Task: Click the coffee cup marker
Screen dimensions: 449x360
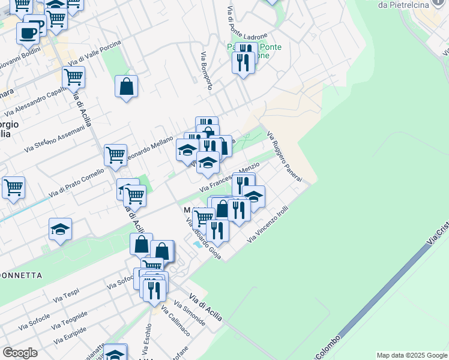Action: pos(28,34)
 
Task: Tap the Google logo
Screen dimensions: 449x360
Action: pos(20,353)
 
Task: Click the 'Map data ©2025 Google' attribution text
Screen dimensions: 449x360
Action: pos(412,355)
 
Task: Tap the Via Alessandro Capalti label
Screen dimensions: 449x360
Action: pos(35,101)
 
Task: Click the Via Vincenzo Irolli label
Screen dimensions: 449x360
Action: pos(268,226)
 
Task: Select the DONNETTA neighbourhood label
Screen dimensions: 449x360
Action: pos(21,275)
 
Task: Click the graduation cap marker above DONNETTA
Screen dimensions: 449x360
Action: pos(60,230)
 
